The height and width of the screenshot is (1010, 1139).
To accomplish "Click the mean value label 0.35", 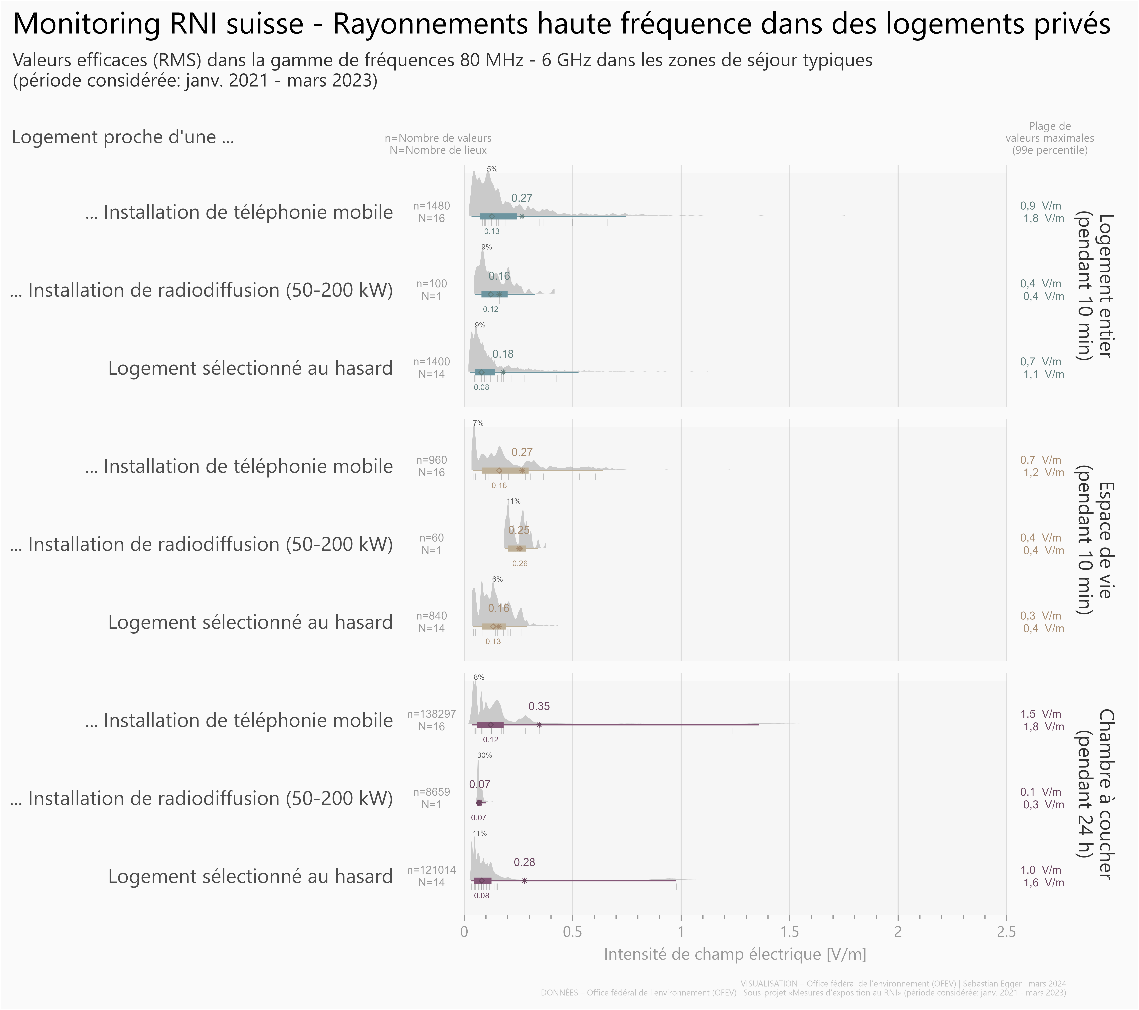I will point(539,706).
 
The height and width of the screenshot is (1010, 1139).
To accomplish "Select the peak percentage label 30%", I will point(484,755).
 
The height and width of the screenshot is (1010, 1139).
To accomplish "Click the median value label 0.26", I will point(519,563).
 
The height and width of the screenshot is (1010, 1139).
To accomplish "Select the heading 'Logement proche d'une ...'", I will point(123,137).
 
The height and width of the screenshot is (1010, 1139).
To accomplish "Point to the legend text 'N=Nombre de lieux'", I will point(438,150).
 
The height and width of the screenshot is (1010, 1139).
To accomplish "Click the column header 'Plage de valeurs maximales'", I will point(1049,138).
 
